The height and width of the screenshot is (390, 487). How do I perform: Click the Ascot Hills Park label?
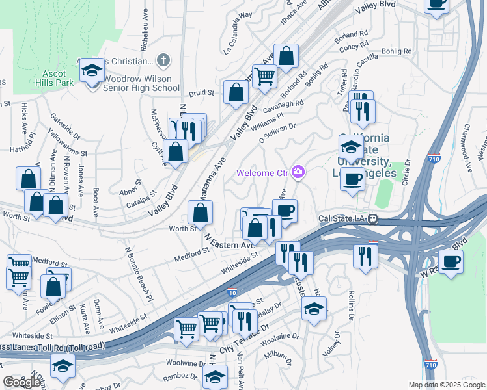click(55, 79)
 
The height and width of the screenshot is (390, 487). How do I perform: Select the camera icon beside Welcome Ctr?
click(298, 172)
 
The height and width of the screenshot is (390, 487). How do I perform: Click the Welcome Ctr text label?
click(262, 173)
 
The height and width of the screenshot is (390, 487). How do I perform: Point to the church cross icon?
click(163, 60)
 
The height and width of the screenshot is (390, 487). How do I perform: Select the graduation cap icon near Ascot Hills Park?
click(92, 70)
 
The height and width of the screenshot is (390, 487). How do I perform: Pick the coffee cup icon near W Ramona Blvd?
click(451, 262)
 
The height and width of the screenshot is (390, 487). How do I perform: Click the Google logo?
click(21, 382)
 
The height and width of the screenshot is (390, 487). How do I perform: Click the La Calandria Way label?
click(238, 41)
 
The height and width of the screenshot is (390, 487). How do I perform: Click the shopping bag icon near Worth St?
click(201, 212)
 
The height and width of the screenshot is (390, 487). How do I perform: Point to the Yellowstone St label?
click(67, 143)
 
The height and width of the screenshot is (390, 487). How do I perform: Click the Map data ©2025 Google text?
click(445, 385)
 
